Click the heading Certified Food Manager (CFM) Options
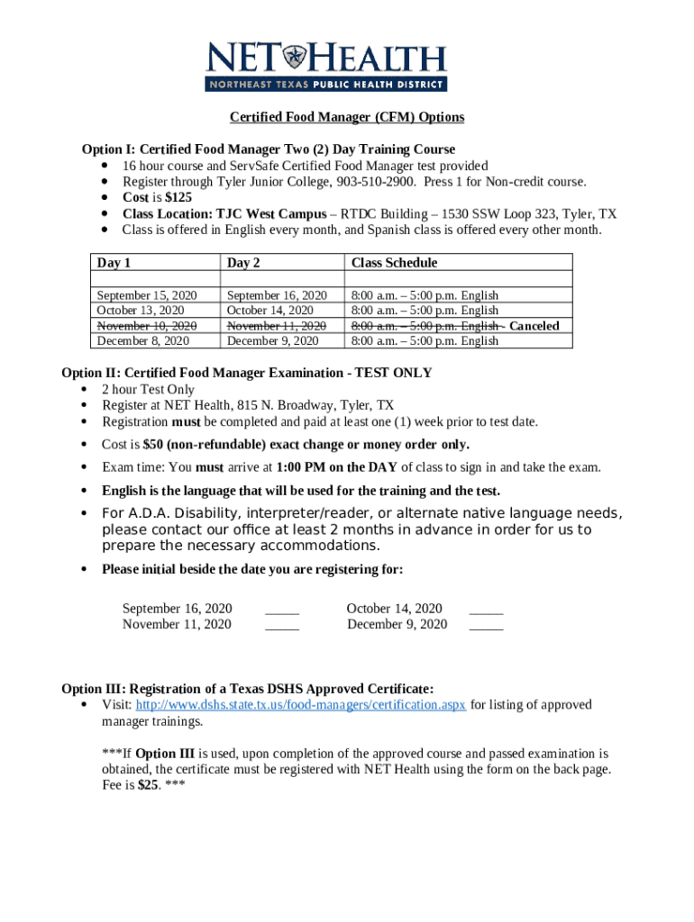347,118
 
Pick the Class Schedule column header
394,263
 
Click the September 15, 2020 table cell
147,295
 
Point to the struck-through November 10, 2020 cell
147,326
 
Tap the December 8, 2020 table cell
142,341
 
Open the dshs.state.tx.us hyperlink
300,705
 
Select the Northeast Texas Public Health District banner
326,85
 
